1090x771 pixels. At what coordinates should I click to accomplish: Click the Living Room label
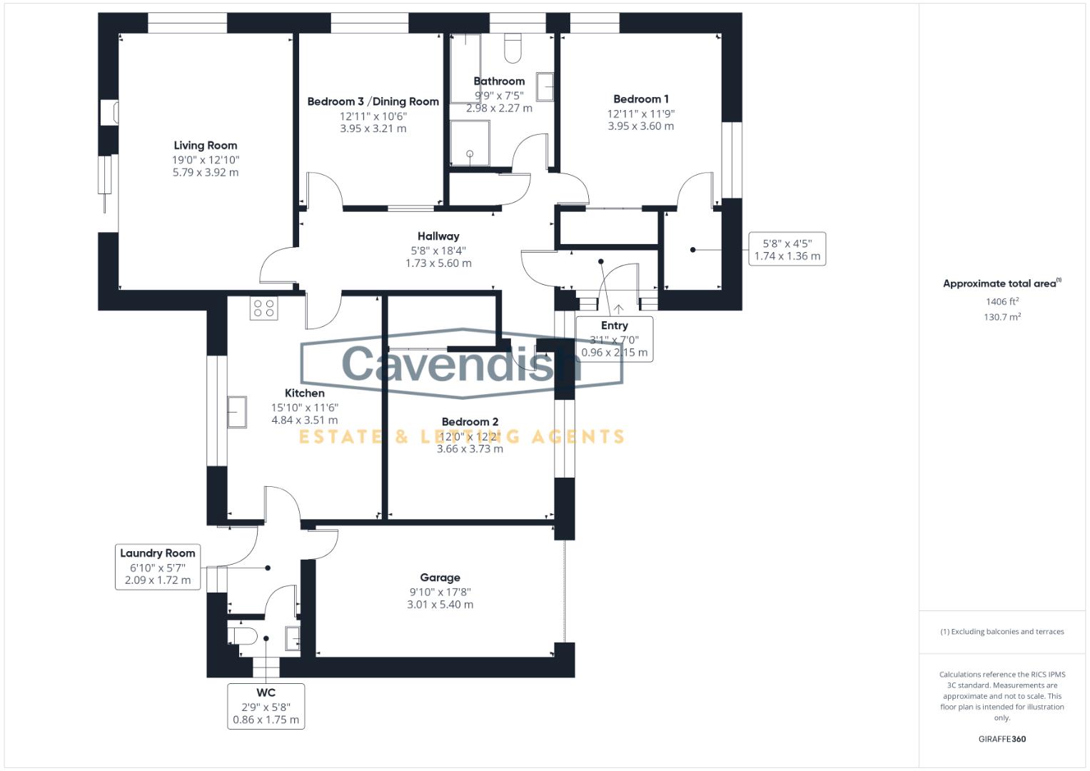coord(206,145)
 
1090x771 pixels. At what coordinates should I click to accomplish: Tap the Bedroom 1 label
coord(641,99)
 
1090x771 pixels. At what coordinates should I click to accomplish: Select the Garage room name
coord(440,578)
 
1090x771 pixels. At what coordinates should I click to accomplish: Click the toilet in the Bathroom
coord(513,48)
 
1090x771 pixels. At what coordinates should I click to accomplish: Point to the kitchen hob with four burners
coord(263,308)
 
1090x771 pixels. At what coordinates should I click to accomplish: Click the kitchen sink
coord(237,413)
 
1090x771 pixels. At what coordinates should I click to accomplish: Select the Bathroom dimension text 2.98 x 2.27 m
coord(499,108)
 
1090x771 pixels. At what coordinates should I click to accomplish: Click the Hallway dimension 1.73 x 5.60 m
coord(438,263)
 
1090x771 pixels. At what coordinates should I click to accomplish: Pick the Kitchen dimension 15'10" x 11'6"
coord(305,408)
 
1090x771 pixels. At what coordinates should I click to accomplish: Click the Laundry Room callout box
coord(158,567)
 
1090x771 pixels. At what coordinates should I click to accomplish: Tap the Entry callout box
coord(615,339)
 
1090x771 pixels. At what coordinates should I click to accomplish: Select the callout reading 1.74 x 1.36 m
coord(787,248)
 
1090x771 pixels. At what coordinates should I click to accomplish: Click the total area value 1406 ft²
coord(1002,301)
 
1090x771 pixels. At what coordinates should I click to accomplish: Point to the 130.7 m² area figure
coord(1002,317)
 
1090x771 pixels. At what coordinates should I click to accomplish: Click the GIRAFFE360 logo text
coord(1002,739)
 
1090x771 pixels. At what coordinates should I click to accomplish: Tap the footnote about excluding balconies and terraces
coord(1002,632)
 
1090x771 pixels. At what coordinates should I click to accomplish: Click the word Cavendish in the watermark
coord(461,364)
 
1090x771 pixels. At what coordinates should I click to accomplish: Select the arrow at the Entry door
coord(618,308)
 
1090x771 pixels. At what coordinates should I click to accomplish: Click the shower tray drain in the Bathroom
coord(470,153)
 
